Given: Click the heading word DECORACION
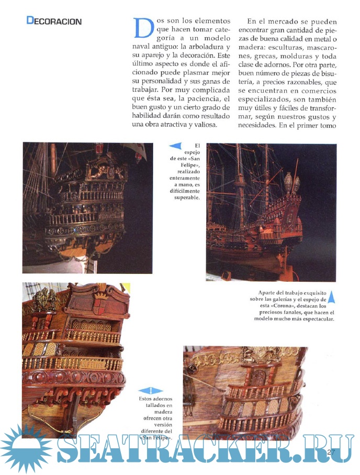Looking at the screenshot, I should point(54,21).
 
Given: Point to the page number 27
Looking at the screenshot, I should point(330,452).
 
